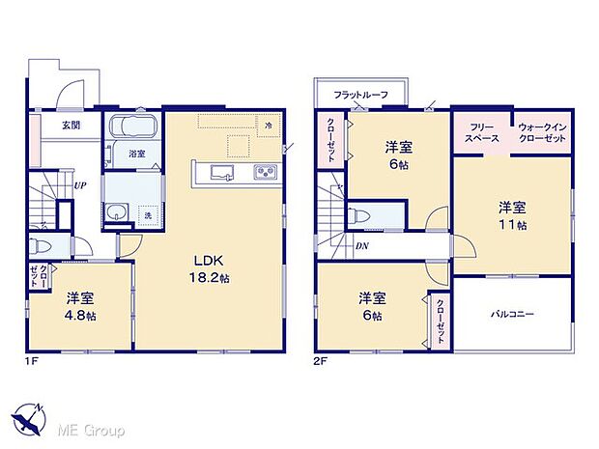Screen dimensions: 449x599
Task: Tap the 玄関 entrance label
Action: coord(71,126)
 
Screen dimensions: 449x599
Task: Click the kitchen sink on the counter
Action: coord(220,173)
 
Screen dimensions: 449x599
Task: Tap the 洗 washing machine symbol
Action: coord(148,214)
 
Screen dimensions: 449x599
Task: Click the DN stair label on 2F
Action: coord(360,247)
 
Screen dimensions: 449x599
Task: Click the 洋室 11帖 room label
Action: coord(512,214)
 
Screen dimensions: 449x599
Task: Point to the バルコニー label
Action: coord(512,314)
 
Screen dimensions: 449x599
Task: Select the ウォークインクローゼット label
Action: coord(541,133)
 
